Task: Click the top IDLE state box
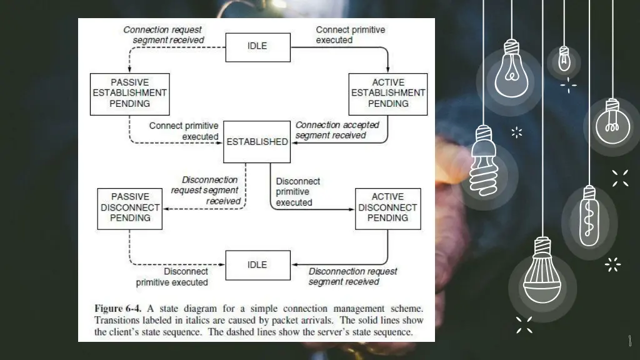(257, 47)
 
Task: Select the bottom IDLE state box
(257, 265)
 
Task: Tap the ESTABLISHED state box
(257, 142)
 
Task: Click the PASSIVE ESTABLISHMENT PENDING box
(130, 94)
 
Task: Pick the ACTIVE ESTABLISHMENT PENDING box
(388, 94)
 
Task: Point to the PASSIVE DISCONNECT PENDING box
(130, 207)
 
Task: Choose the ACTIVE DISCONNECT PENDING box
(387, 207)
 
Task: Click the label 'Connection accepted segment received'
(337, 130)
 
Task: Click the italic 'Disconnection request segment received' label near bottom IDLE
(352, 277)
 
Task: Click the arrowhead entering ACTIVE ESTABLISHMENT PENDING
(388, 70)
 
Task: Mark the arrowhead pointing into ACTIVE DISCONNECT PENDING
(352, 209)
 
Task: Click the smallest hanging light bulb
(564, 59)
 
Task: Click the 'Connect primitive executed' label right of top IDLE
(350, 35)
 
